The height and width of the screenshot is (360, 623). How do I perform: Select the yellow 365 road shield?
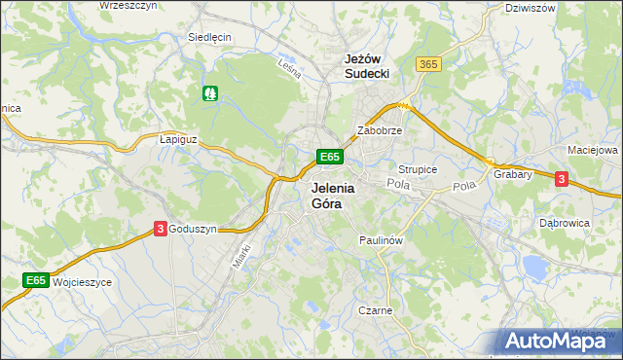[x=427, y=64]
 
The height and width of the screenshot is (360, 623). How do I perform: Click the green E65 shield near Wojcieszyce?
[x=36, y=281]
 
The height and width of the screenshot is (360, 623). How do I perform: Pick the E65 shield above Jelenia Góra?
[x=329, y=157]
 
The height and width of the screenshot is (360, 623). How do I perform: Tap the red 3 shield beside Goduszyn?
[x=160, y=229]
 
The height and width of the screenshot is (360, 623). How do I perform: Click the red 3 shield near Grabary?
[x=561, y=179]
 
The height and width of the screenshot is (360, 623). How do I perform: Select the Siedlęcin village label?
[x=209, y=37]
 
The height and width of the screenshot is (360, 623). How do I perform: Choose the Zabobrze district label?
[x=380, y=129]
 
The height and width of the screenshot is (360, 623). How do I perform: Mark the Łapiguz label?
[x=178, y=139]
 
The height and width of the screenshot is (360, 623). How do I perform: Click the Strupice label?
[x=418, y=169]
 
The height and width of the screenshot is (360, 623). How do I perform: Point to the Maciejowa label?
[x=592, y=151]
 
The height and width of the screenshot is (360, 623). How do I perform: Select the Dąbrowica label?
[x=565, y=223]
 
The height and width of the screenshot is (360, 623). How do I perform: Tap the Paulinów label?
[x=381, y=239]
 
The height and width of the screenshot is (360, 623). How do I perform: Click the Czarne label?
[x=375, y=311]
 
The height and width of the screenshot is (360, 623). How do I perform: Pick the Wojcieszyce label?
[x=83, y=281]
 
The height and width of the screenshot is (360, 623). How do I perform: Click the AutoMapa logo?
[x=559, y=341]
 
